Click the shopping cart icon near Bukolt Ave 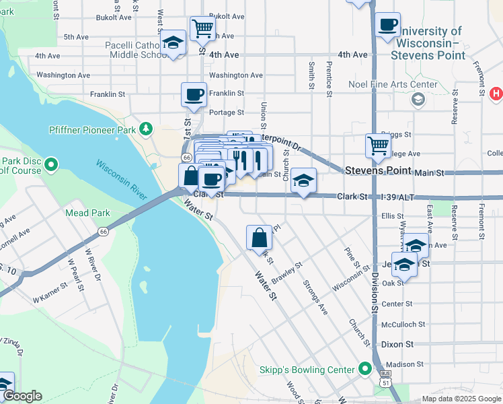[x=202, y=28]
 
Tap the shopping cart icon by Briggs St [x=378, y=145]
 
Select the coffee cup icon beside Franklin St [x=194, y=94]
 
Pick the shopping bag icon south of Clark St [x=259, y=236]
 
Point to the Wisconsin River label [x=122, y=180]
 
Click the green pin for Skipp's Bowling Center [x=365, y=369]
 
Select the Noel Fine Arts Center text [x=393, y=85]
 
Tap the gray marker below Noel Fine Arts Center [x=418, y=100]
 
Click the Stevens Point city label [x=377, y=171]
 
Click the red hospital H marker [x=496, y=93]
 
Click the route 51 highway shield [x=385, y=382]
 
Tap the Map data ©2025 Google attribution [x=461, y=399]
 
